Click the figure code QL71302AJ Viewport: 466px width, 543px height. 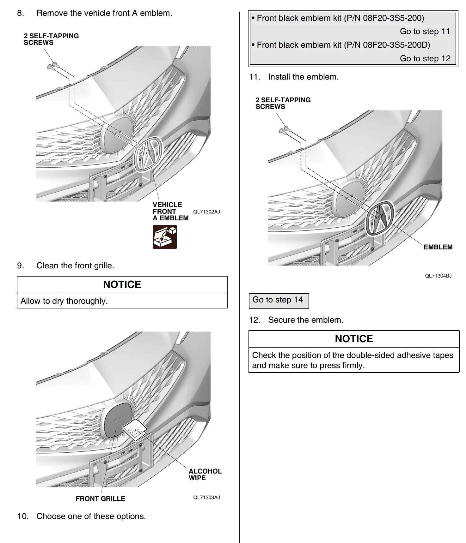[206, 212]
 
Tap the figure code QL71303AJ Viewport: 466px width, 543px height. [206, 497]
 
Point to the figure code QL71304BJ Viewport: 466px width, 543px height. [438, 276]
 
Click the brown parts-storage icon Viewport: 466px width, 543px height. [165, 237]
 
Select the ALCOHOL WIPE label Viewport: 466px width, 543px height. [205, 474]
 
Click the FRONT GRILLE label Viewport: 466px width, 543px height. [100, 499]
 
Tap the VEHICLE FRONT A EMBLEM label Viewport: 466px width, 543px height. [170, 211]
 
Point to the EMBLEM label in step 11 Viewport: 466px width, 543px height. [438, 247]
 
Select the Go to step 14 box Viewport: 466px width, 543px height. [278, 300]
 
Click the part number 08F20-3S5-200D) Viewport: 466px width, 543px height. [396, 45]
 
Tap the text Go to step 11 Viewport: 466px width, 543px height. [425, 32]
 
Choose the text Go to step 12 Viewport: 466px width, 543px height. [425, 59]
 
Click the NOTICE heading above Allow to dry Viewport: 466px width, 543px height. [122, 284]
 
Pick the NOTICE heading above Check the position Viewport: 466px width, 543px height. [354, 339]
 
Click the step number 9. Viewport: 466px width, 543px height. [21, 266]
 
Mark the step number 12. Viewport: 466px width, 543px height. [254, 320]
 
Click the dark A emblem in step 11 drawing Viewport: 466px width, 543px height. [379, 218]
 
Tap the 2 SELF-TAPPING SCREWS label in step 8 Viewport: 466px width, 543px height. [51, 39]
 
